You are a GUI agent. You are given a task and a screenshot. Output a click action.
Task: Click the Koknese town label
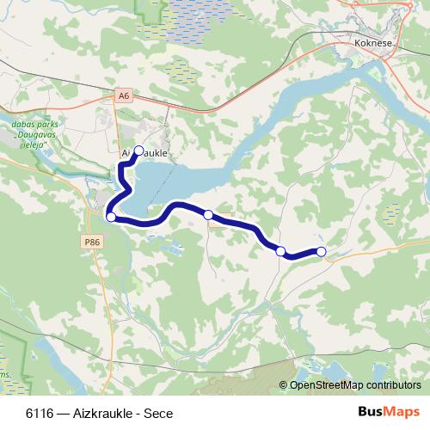[x=373, y=40]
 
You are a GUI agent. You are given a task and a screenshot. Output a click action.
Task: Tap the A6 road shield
[x=125, y=95]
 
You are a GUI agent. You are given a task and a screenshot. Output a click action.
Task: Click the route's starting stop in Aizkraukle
[x=138, y=149]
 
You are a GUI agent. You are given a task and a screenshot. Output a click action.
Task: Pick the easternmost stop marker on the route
[x=322, y=251]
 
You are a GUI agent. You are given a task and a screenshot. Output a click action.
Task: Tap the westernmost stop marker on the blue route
[x=110, y=217]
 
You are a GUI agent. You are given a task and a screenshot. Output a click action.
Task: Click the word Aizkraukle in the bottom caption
[x=102, y=412]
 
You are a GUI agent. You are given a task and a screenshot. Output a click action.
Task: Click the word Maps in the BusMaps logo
[x=402, y=411]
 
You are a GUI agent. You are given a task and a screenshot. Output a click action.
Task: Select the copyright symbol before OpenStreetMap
[x=284, y=384]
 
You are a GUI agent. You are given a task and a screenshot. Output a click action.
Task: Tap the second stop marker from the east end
[x=280, y=251]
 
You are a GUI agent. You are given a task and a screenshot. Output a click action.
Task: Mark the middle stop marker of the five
[x=208, y=214]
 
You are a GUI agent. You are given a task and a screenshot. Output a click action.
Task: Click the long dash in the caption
[x=64, y=412]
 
